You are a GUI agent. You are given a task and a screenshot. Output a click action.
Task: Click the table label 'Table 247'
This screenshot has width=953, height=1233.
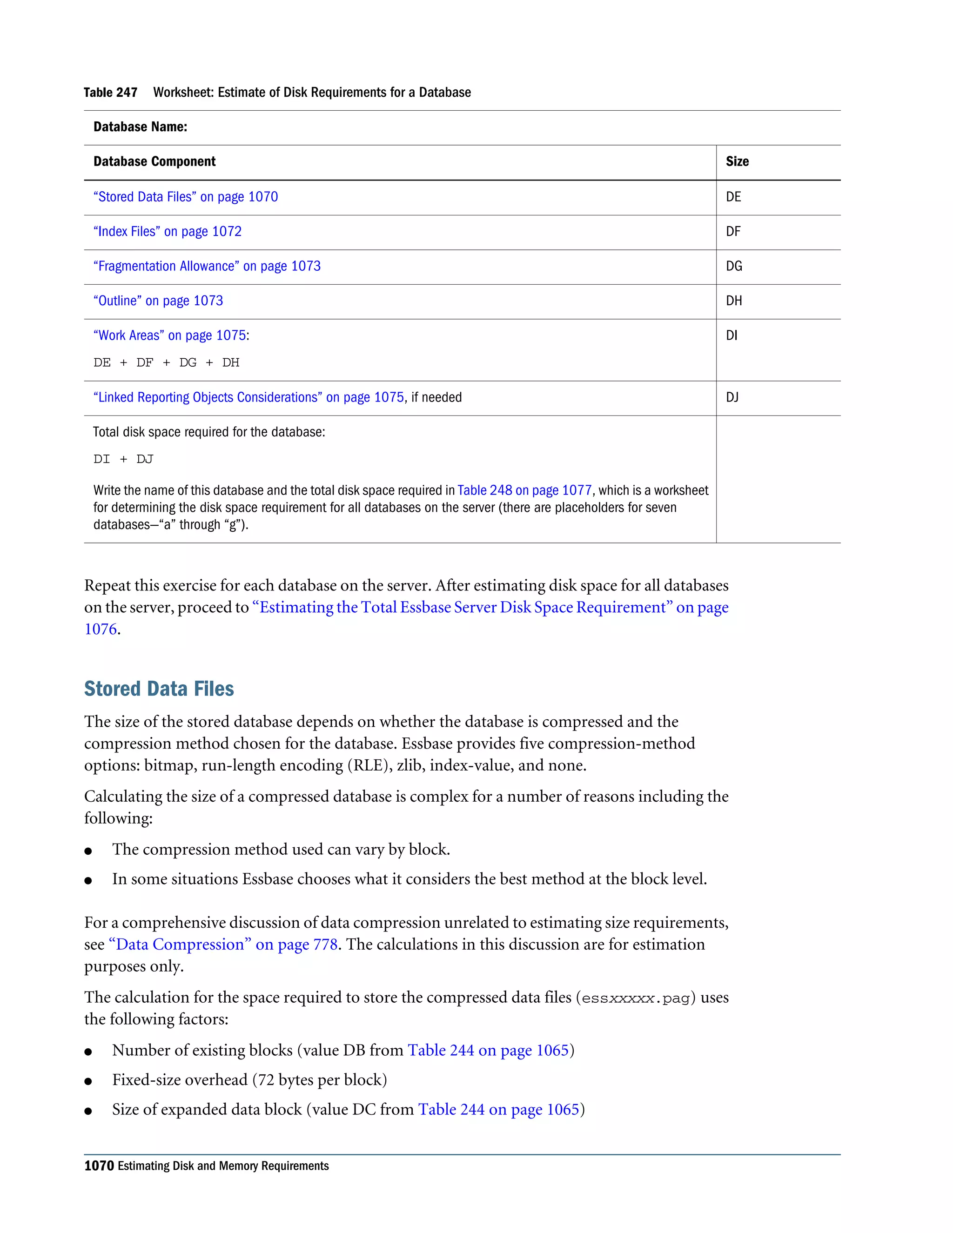[x=110, y=93]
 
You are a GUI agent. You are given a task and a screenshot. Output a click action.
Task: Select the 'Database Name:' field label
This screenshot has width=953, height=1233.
[x=140, y=127]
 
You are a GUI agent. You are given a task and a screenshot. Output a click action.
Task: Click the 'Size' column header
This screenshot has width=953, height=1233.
[x=737, y=161]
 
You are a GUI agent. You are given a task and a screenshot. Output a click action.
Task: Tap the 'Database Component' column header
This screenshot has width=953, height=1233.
[x=154, y=161]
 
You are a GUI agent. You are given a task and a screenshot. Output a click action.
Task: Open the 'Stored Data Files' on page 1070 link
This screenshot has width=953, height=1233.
[x=185, y=197]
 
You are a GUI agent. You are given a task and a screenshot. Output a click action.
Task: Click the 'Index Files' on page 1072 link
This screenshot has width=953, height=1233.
[x=167, y=231]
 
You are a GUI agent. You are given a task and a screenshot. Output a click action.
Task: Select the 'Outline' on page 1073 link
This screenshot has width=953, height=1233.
[x=158, y=301]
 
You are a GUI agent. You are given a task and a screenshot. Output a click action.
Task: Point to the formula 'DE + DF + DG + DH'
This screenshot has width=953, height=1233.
[x=166, y=363]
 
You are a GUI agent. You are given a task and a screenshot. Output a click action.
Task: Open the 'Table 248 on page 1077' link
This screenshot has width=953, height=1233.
[x=524, y=490]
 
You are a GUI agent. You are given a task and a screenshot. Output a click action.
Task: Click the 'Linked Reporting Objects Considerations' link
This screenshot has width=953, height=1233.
[x=248, y=397]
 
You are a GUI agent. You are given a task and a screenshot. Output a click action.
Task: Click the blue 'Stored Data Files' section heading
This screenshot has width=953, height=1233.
[x=159, y=689]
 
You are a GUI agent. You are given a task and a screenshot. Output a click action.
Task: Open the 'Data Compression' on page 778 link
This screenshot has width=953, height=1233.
[x=223, y=945]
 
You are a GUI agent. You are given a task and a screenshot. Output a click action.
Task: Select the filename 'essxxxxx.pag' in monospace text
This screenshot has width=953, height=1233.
[x=635, y=998]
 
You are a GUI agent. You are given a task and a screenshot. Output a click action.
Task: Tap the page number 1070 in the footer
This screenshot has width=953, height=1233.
[x=99, y=1166]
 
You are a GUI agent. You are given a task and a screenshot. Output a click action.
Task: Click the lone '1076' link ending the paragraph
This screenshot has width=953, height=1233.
[x=101, y=629]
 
